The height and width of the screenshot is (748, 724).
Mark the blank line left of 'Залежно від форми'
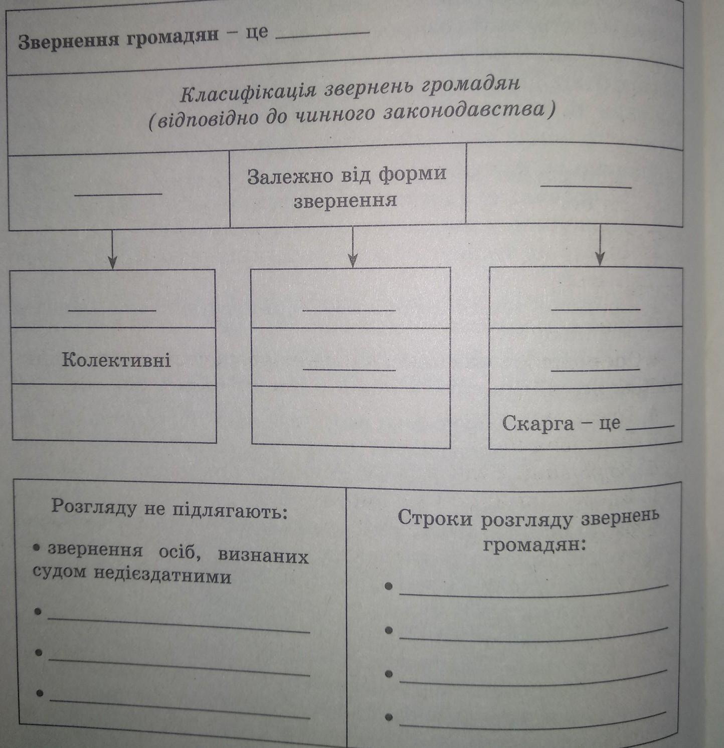tap(118, 193)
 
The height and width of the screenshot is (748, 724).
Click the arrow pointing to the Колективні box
tap(112, 251)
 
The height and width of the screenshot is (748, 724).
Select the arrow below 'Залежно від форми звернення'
tap(353, 248)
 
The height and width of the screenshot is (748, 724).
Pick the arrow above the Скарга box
tap(600, 246)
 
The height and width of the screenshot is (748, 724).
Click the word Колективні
tap(116, 359)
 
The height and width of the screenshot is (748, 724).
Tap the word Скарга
tap(538, 424)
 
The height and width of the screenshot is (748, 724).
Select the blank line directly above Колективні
tap(112, 310)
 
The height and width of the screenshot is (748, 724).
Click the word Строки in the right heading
tap(435, 519)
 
